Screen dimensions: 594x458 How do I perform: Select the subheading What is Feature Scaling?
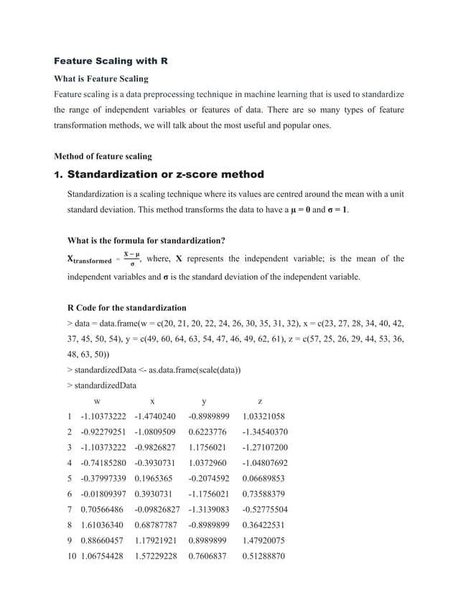(101, 78)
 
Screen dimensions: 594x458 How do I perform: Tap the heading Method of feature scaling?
(103, 156)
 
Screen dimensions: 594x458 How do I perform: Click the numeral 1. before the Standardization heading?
(59, 175)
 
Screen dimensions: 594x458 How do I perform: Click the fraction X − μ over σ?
(131, 259)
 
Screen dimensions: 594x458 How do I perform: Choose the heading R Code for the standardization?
(126, 308)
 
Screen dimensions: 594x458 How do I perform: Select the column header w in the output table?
(97, 401)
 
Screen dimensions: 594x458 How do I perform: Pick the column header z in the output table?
(260, 401)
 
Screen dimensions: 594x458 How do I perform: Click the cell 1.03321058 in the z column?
(264, 416)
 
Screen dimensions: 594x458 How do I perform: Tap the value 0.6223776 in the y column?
(207, 432)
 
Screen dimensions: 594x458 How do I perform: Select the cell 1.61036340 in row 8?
(104, 525)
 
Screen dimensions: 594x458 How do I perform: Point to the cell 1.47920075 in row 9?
(265, 541)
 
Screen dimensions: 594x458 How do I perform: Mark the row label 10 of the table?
(70, 556)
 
